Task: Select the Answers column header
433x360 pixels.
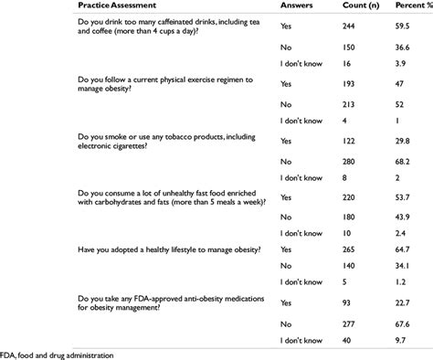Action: click(297, 8)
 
